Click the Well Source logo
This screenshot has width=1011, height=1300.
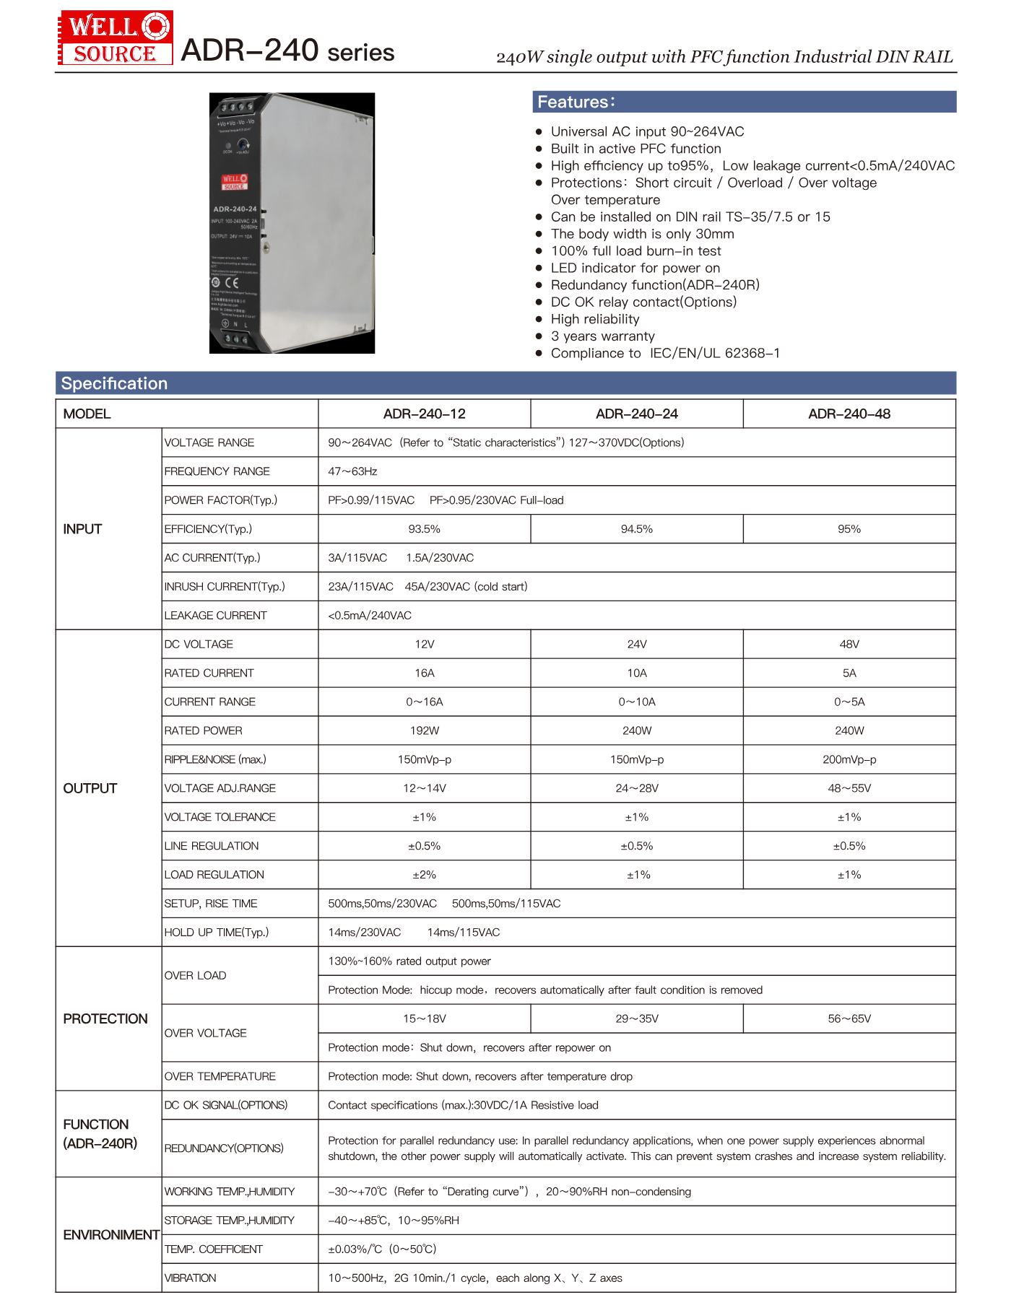(x=115, y=38)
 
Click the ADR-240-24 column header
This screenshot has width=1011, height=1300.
(x=636, y=414)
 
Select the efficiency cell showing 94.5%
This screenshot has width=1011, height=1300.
(x=636, y=529)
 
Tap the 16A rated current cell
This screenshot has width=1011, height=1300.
(x=424, y=673)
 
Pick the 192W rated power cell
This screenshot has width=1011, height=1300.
(x=424, y=730)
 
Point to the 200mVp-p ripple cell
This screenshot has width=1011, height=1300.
(x=849, y=759)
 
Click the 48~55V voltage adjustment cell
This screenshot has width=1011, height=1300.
(x=849, y=788)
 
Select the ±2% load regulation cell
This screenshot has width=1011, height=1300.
(x=424, y=875)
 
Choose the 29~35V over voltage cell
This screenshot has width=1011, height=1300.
(x=636, y=1018)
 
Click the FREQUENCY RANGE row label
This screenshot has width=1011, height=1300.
(x=217, y=471)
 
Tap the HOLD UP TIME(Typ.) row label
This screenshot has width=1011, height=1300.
(x=216, y=933)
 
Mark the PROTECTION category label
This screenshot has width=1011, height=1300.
(x=105, y=1018)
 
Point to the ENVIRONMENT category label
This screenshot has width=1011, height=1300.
(x=111, y=1235)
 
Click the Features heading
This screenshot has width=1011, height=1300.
(x=576, y=102)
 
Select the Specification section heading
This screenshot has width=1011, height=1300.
(x=114, y=383)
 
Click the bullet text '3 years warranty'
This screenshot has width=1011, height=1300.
(x=602, y=336)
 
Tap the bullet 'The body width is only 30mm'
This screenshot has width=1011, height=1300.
(x=642, y=234)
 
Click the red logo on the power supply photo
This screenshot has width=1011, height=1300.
(x=234, y=182)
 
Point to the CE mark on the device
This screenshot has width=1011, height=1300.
(x=231, y=283)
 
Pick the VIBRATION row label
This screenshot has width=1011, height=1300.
(x=190, y=1278)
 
